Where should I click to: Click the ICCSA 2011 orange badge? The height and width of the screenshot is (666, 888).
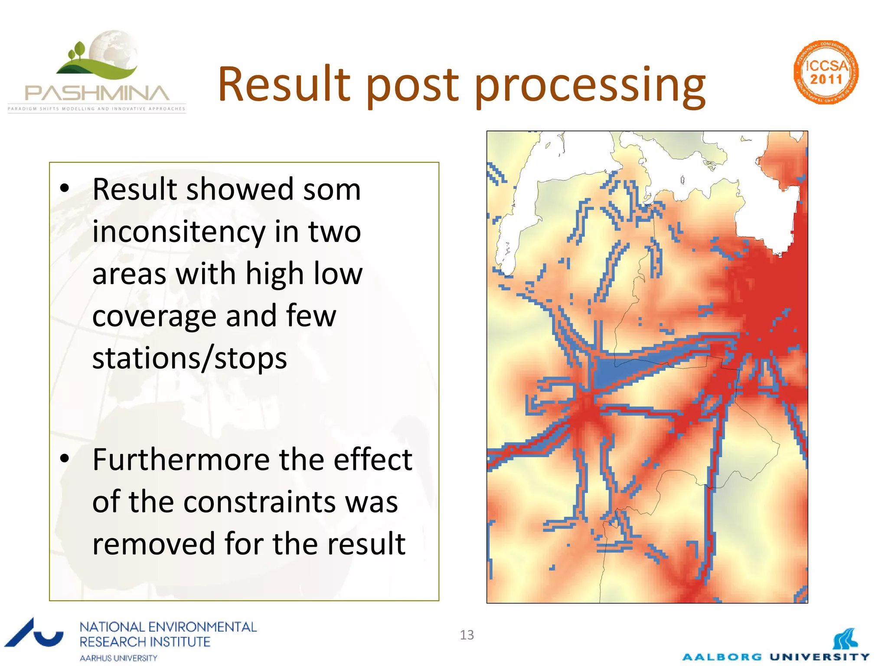pyautogui.click(x=826, y=72)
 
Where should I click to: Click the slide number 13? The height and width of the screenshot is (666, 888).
pyautogui.click(x=467, y=635)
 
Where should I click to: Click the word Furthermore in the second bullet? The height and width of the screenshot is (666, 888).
pyautogui.click(x=181, y=460)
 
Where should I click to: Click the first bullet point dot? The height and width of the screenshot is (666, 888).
pyautogui.click(x=65, y=188)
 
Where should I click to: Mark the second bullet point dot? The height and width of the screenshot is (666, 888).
pyautogui.click(x=65, y=458)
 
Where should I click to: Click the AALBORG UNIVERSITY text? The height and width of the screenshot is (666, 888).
pyautogui.click(x=776, y=657)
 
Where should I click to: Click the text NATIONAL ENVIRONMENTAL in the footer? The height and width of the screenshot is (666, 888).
pyautogui.click(x=168, y=627)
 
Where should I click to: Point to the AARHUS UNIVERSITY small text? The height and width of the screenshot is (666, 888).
pyautogui.click(x=118, y=658)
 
